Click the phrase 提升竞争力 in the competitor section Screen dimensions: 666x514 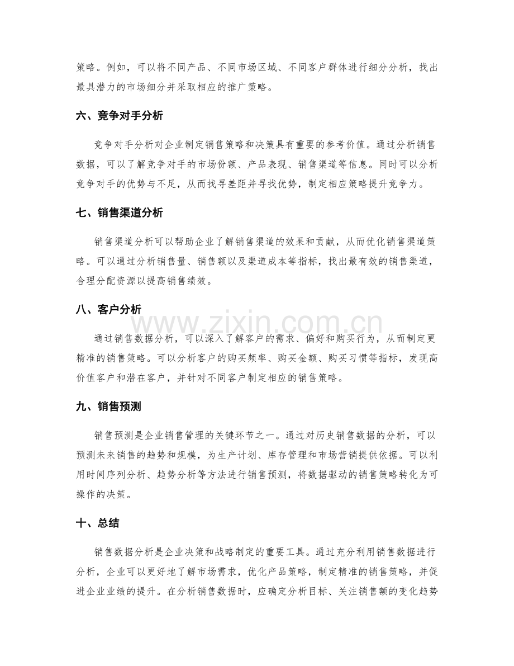(407, 185)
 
